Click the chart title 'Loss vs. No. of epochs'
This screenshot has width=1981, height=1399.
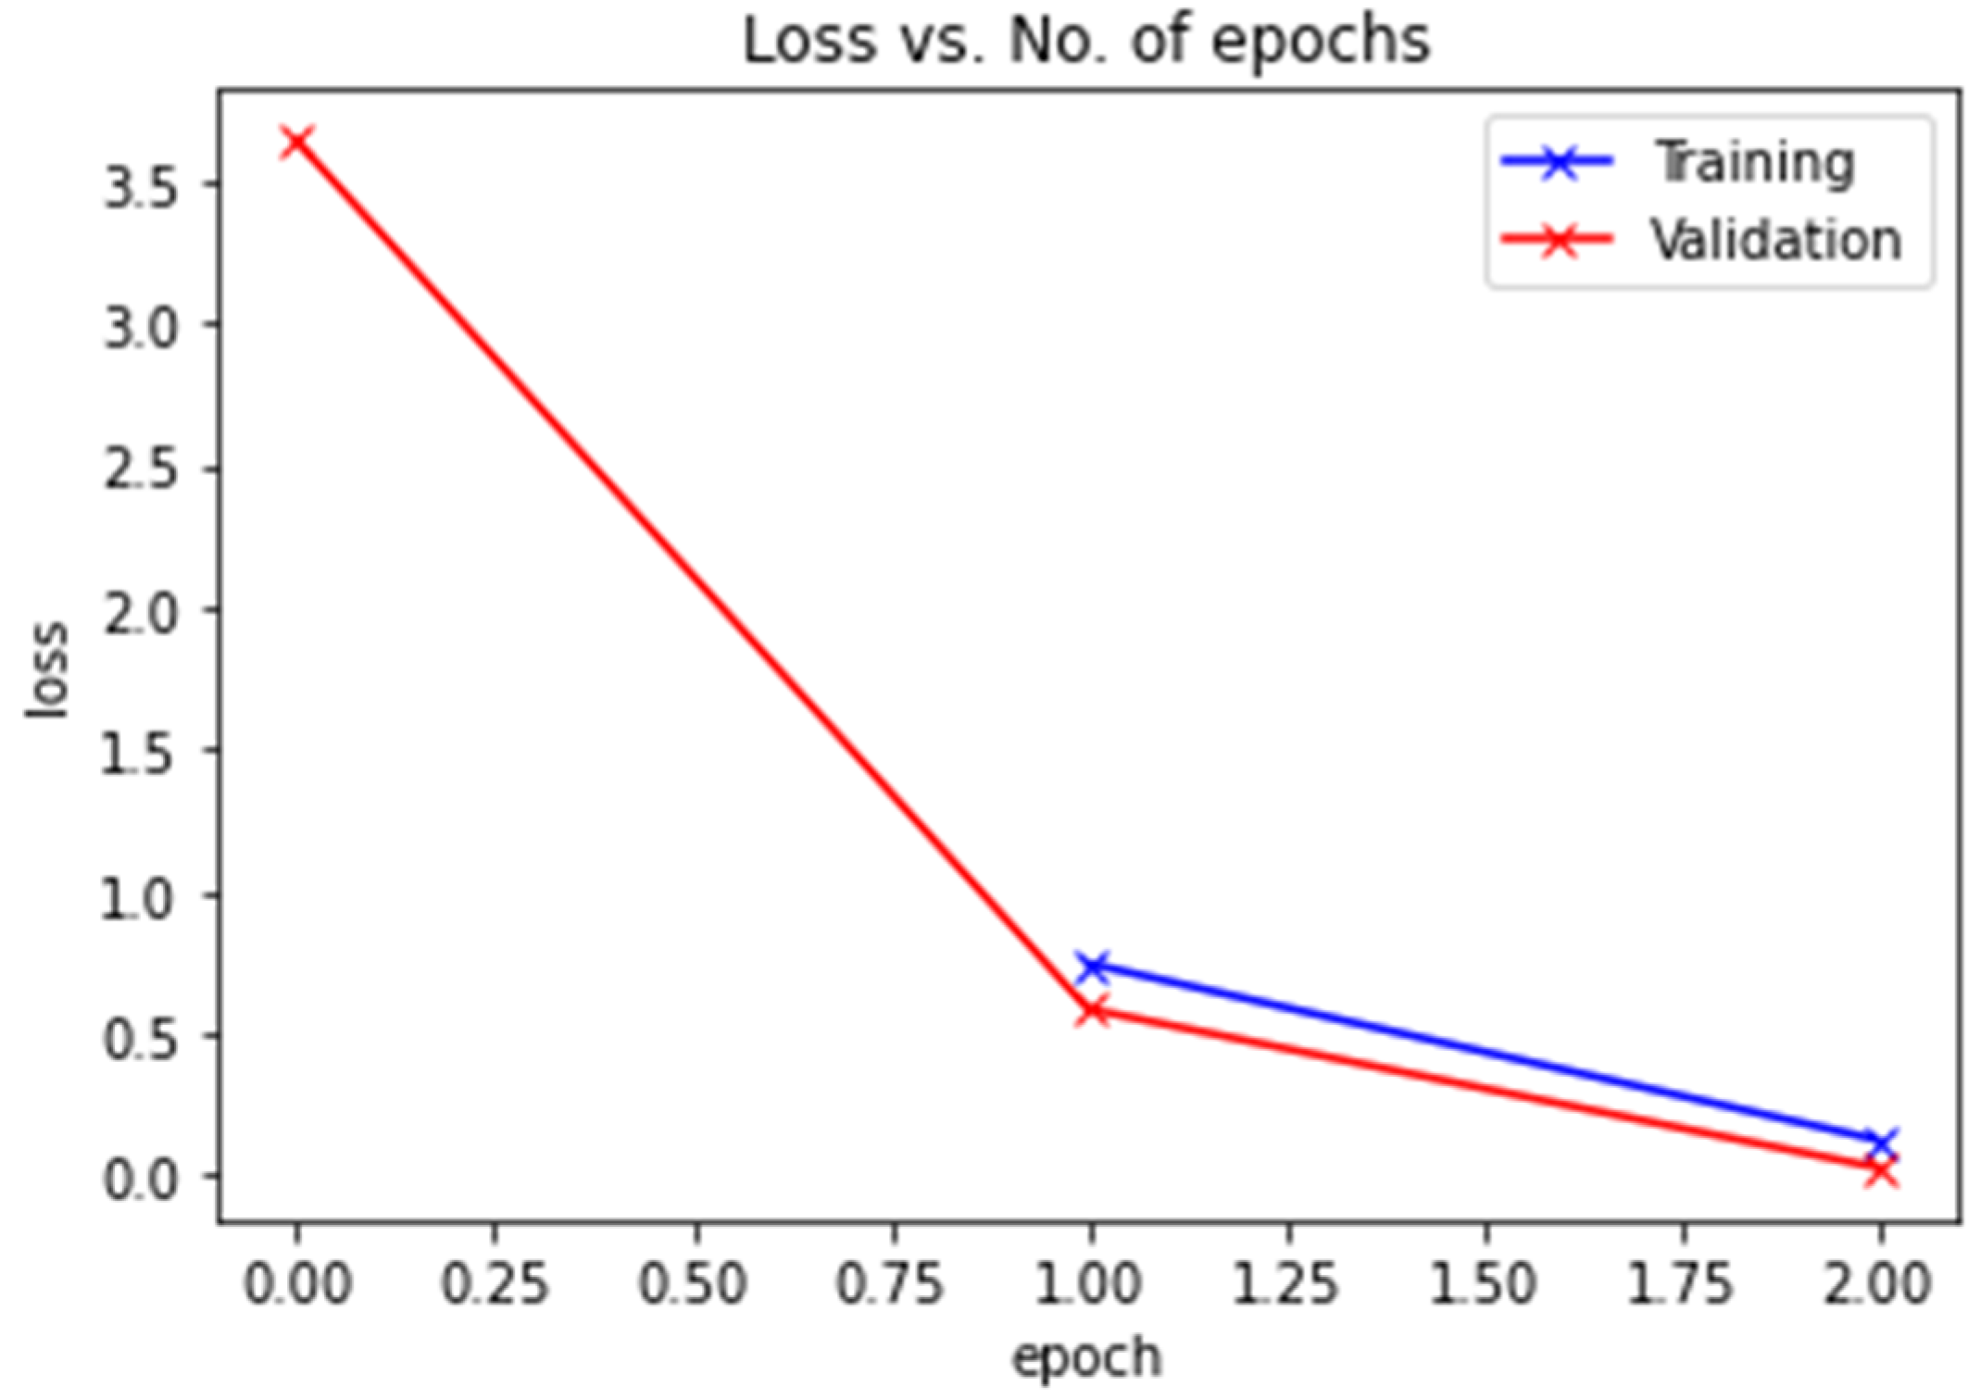[x=1085, y=42]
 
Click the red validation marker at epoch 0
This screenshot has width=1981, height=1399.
[x=296, y=142]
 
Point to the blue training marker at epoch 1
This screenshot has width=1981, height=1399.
[x=1092, y=967]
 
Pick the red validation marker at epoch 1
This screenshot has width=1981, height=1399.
[x=1092, y=1011]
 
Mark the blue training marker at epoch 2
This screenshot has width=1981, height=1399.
[x=1880, y=1143]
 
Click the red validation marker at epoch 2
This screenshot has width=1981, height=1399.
[x=1880, y=1172]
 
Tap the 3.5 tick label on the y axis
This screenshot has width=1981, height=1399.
[x=139, y=186]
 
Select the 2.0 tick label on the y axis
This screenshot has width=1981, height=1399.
[x=139, y=611]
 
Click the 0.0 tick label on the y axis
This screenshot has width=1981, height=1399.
[x=139, y=1179]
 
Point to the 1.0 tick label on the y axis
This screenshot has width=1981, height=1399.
[x=139, y=896]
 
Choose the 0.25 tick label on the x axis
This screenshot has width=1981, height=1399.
[x=495, y=1284]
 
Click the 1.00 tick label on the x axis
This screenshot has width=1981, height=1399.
[x=1089, y=1284]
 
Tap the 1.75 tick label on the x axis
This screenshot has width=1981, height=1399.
[x=1681, y=1284]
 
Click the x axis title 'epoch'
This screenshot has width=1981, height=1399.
[x=1085, y=1358]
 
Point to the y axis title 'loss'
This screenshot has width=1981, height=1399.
[x=46, y=668]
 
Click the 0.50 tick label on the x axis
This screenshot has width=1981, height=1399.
[x=693, y=1284]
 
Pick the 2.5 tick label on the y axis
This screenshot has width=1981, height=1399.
[x=139, y=469]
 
